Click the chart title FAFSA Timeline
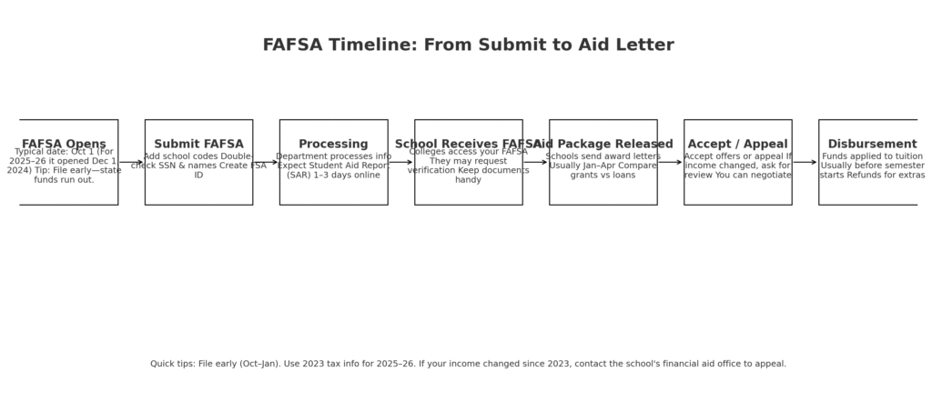(468, 45)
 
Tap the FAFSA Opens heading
(64, 144)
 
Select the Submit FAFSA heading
(198, 144)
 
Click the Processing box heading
(333, 144)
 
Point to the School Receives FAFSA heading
(468, 144)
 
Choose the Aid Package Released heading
(603, 144)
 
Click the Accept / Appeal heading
(737, 144)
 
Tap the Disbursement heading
(872, 144)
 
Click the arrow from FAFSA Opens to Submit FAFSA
(131, 163)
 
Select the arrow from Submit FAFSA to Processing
(266, 163)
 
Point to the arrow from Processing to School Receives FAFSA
(400, 163)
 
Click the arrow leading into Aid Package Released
(535, 163)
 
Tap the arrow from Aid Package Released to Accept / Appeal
(670, 163)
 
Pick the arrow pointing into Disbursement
(805, 163)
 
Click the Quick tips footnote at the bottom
(468, 364)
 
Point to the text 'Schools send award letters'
(603, 156)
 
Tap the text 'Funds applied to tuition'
(872, 156)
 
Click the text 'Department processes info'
(333, 156)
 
